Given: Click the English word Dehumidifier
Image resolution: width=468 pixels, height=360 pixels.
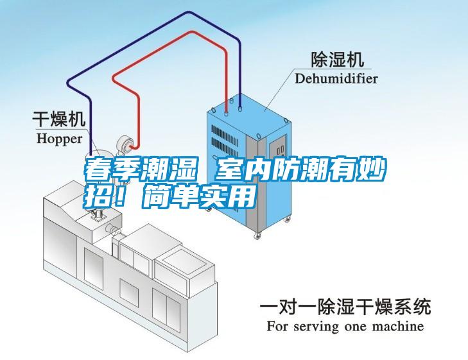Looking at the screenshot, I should (x=336, y=78).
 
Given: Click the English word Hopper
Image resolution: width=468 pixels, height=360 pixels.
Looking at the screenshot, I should (x=59, y=137).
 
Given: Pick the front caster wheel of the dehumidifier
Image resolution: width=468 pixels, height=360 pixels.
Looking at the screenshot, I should (x=259, y=236).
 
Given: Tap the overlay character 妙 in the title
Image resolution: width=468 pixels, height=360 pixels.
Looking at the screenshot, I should (x=370, y=171).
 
